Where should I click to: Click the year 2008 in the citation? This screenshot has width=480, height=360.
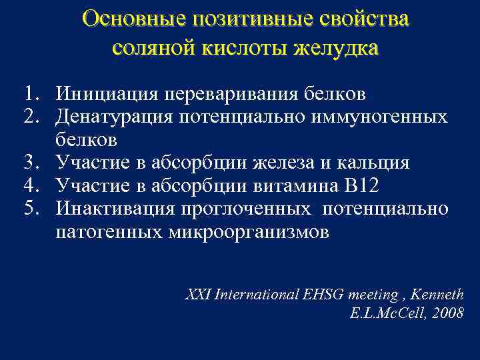[x=447, y=313]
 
